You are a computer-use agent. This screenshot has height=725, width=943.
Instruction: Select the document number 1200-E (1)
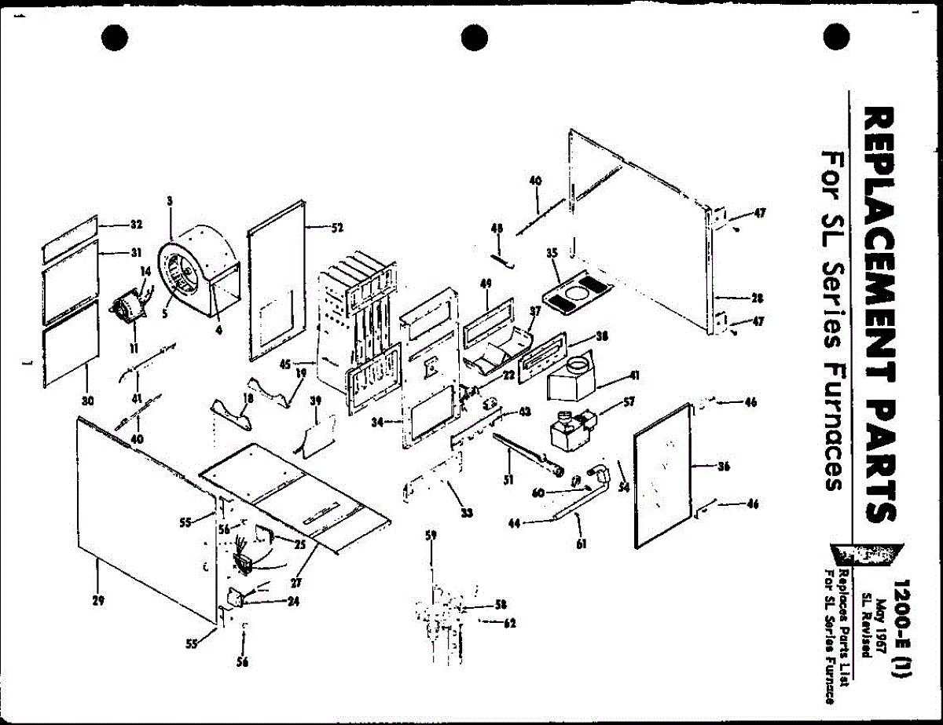[x=901, y=628]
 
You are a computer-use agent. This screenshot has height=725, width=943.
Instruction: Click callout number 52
[x=337, y=229]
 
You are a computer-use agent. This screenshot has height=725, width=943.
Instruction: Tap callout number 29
[x=98, y=601]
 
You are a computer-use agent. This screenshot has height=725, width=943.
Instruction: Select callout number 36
[x=724, y=467]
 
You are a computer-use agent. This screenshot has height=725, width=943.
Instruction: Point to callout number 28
[x=757, y=298]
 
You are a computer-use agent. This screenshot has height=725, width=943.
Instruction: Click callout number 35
[x=551, y=253]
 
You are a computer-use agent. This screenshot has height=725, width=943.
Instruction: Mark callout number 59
[x=431, y=536]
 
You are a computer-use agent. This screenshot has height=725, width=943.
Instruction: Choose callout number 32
[x=135, y=225]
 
